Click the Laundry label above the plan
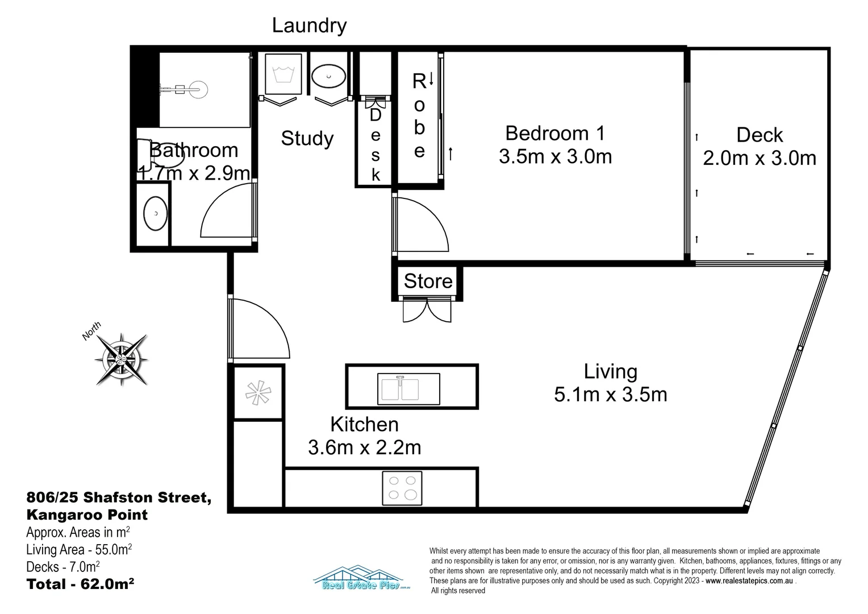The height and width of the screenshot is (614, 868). coord(309,26)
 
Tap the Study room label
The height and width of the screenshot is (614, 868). coord(307,138)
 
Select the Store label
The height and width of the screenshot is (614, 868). coord(428,281)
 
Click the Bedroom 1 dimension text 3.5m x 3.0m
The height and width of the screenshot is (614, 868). coord(555,156)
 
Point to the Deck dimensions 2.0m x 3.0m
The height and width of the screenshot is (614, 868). coord(759,158)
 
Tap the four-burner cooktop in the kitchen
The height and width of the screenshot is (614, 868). coord(402,487)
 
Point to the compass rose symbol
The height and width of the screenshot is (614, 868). coord(122,359)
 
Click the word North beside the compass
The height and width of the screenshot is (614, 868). coord(91,331)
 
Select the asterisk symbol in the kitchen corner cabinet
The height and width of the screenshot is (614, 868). coord(258,392)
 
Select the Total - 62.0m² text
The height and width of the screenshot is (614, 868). coord(80,584)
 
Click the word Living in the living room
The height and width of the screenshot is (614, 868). coord(611,372)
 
